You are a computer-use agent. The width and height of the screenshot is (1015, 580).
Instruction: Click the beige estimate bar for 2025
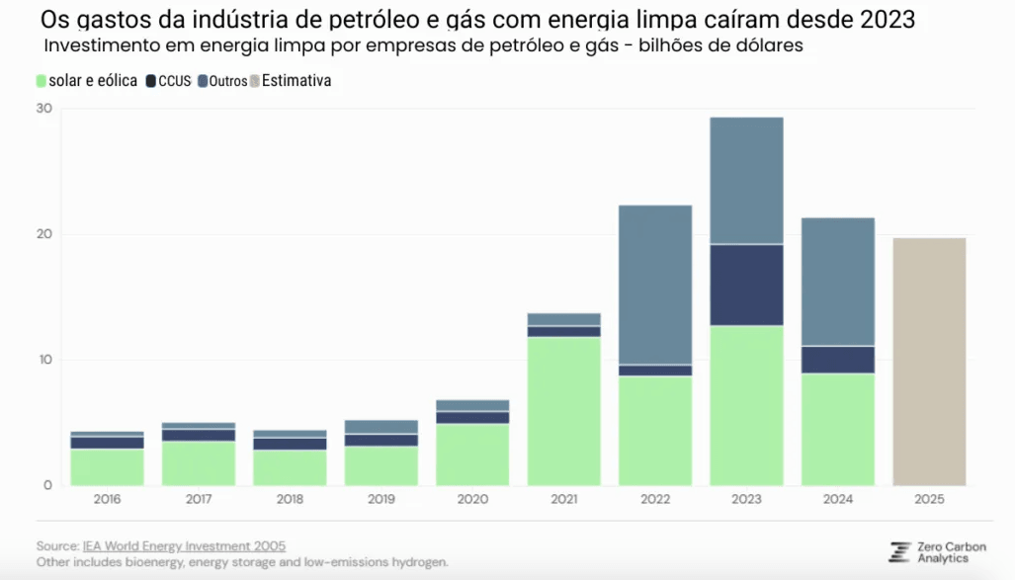929,362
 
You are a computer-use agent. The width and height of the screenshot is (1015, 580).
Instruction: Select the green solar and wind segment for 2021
563,411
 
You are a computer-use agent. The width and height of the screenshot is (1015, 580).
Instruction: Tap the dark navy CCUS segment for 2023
746,285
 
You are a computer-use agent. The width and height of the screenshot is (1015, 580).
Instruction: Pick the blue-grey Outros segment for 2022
654,285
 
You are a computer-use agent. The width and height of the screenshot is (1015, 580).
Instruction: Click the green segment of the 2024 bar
837,429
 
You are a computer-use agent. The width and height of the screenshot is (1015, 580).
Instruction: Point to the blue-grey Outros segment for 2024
837,282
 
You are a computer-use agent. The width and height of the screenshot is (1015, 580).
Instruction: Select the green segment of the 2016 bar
107,466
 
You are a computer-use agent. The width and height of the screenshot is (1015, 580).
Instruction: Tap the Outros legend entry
222,81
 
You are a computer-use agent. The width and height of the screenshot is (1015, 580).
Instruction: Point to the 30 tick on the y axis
43,109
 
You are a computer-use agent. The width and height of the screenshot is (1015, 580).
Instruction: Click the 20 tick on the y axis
43,234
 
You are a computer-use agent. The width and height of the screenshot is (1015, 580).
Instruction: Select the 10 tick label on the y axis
43,360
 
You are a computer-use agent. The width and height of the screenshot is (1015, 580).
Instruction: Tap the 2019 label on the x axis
381,500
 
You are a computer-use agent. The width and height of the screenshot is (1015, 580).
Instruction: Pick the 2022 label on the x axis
654,500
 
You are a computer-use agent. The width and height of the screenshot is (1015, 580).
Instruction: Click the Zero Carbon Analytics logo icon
898,552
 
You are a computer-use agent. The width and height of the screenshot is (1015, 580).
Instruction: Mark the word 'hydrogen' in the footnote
418,562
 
